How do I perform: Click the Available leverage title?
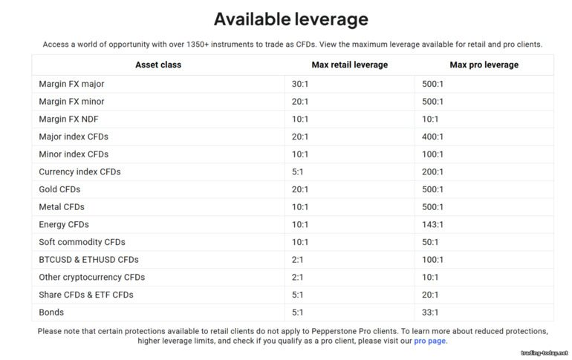click(x=290, y=19)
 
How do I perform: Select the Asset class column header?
click(x=157, y=65)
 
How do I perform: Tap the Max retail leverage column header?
click(x=349, y=65)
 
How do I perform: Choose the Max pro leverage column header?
click(x=484, y=65)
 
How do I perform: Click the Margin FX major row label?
click(x=71, y=84)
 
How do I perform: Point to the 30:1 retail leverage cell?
click(x=299, y=84)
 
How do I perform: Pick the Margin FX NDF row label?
click(x=69, y=119)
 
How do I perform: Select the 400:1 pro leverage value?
click(x=432, y=137)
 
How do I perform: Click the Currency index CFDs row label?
click(x=79, y=171)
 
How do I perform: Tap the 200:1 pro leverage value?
click(x=432, y=171)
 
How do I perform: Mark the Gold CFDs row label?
click(x=59, y=189)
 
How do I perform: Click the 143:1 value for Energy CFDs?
click(x=432, y=224)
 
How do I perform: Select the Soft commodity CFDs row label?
click(x=82, y=242)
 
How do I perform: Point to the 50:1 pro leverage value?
click(x=430, y=242)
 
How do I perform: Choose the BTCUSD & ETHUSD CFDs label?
click(x=88, y=260)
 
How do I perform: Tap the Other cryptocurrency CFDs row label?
click(x=91, y=277)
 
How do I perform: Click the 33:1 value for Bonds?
click(x=430, y=312)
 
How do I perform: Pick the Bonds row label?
click(x=51, y=312)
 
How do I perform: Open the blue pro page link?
click(x=430, y=341)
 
